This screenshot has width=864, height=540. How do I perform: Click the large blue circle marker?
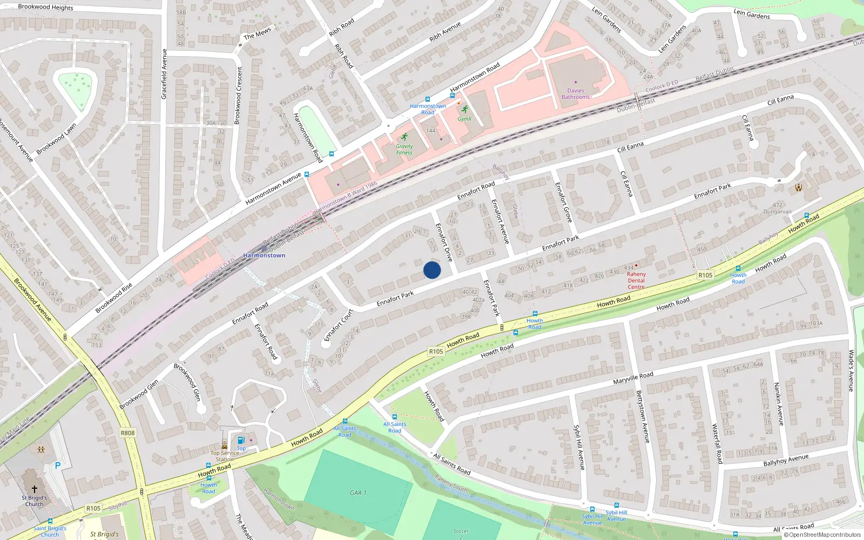coord(432,270)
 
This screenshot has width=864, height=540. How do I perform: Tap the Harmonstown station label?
coord(264,255)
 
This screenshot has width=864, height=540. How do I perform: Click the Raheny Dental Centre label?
coord(636,280)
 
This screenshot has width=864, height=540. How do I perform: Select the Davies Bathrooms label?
coord(576,94)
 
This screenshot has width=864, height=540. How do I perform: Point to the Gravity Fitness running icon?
coord(404,137)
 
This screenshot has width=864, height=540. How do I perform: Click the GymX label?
coord(464,119)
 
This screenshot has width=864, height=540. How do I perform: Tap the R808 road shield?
coord(128,433)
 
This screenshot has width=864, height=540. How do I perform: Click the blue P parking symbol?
coord(58,465)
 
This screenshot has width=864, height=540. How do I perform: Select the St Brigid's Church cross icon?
coord(35,489)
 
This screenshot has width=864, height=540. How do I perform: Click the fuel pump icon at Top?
coord(241,440)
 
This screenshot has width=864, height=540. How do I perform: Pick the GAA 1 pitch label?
coord(358,492)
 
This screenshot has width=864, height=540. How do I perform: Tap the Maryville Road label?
coord(633,377)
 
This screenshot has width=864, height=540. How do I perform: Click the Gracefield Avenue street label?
coord(164,74)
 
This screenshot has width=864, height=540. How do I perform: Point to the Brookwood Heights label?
coord(45,7)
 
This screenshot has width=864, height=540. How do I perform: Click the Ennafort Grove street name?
coord(563,202)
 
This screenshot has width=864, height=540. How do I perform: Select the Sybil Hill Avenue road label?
coord(578,447)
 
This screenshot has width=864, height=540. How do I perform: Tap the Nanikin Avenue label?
coord(779,403)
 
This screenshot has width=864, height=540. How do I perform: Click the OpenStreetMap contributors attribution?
coord(822,535)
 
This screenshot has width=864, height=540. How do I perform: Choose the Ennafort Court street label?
coord(338,325)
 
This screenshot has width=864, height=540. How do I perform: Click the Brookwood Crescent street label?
coord(238,94)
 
